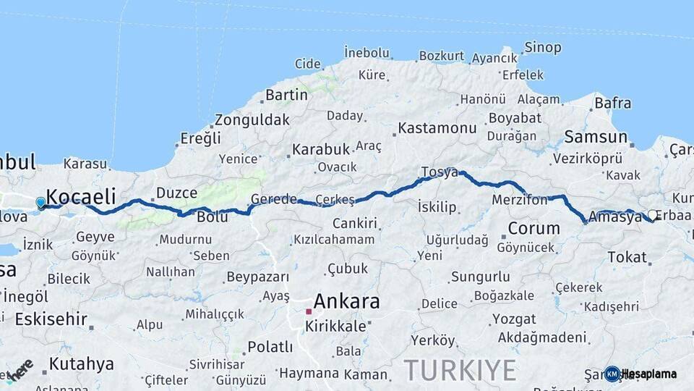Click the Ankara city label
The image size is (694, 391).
click(x=346, y=301)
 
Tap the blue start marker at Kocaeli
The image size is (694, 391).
click(x=40, y=203)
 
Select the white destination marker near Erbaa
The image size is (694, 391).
click(x=653, y=215)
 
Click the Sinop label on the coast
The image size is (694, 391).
click(x=542, y=48)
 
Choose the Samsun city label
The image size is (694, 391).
click(x=596, y=136)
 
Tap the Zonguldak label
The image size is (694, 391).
click(x=252, y=119)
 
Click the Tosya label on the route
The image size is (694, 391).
click(x=440, y=172)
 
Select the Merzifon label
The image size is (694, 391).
click(x=519, y=199)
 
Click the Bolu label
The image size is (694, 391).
click(x=212, y=216)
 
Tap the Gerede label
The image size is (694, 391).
click(x=274, y=199)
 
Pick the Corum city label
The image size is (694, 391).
click(x=534, y=229)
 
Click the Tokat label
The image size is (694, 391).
click(x=627, y=257)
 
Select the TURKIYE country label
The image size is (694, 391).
click(x=460, y=370)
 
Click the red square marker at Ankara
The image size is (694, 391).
click(x=309, y=311)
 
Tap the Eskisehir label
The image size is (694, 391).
click(x=51, y=319)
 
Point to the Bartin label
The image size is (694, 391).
click(x=286, y=95)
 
